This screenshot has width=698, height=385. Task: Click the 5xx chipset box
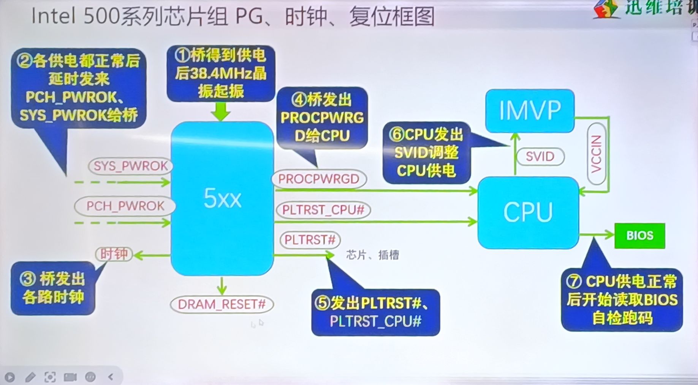(x=222, y=198)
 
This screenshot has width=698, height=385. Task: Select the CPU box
(x=528, y=212)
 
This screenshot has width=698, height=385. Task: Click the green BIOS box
(x=639, y=236)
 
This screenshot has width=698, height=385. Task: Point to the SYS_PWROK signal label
(x=130, y=166)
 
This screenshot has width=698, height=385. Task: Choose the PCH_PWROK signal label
(x=125, y=206)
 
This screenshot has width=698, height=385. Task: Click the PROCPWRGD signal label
(x=319, y=179)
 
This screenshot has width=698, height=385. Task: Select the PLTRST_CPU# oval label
(x=323, y=210)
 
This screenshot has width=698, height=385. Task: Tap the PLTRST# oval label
(x=310, y=240)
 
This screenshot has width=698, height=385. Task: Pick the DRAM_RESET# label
(x=222, y=305)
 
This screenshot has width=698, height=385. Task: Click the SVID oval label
(x=540, y=156)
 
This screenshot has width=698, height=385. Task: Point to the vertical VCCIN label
(x=597, y=154)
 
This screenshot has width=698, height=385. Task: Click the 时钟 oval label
(x=114, y=254)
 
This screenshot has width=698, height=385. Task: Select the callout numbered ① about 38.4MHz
(x=221, y=74)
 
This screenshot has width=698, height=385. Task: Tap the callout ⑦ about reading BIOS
(x=622, y=300)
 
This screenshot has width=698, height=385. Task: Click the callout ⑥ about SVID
(x=426, y=153)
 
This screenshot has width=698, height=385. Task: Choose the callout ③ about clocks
(x=53, y=288)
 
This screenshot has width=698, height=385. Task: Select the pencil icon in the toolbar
(x=30, y=377)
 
